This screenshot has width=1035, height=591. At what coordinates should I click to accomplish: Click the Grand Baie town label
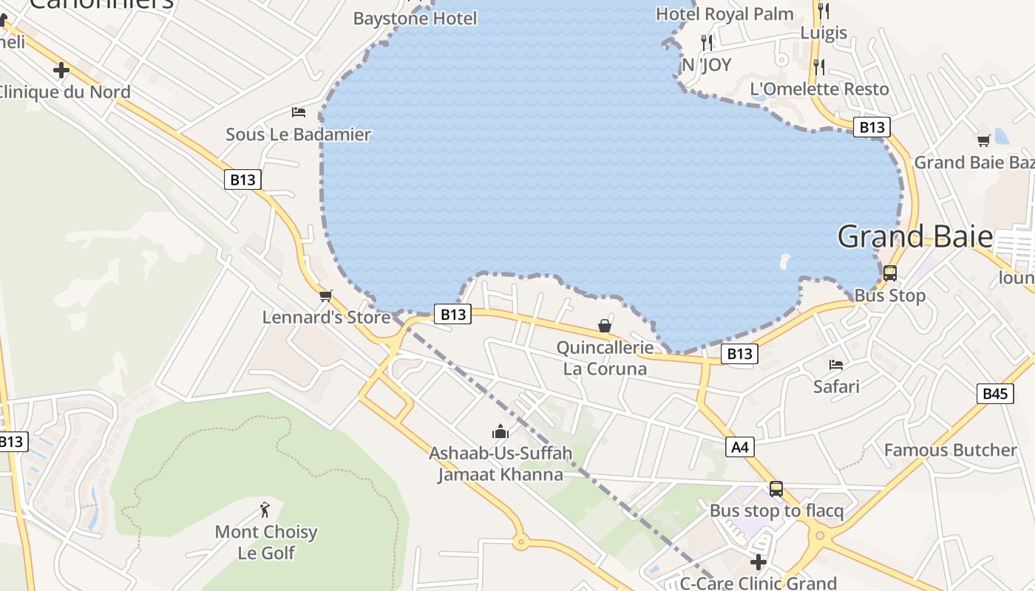[914, 236]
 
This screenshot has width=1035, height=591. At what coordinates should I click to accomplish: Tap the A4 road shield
[740, 446]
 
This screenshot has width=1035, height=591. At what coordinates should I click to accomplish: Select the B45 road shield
[994, 394]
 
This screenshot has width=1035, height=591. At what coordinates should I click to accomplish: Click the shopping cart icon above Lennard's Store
[325, 295]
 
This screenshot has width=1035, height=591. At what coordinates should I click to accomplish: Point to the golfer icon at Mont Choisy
[265, 510]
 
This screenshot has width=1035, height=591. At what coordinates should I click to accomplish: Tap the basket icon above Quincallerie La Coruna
[605, 326]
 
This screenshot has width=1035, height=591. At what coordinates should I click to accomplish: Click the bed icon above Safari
[836, 364]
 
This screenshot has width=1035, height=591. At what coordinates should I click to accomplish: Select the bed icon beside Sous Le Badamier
[299, 112]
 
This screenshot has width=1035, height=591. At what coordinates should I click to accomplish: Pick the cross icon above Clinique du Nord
[61, 70]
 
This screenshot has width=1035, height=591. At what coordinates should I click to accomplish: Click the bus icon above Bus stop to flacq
[776, 488]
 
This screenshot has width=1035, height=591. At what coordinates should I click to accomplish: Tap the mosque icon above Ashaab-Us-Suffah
[500, 431]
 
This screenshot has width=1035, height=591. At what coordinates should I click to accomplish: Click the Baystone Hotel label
[415, 18]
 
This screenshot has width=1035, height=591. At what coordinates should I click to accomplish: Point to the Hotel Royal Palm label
[724, 14]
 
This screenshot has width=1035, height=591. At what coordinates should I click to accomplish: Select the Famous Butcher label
[950, 450]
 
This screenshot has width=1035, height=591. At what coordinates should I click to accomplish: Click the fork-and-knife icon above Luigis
[824, 10]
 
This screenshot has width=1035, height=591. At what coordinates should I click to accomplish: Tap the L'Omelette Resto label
[819, 89]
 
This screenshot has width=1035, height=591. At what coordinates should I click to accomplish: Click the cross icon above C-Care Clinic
[758, 561]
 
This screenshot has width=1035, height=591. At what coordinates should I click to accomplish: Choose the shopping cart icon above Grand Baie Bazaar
[983, 140]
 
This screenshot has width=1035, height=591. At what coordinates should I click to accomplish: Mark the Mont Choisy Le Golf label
[266, 542]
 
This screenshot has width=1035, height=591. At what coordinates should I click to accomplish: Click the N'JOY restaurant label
[706, 65]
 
